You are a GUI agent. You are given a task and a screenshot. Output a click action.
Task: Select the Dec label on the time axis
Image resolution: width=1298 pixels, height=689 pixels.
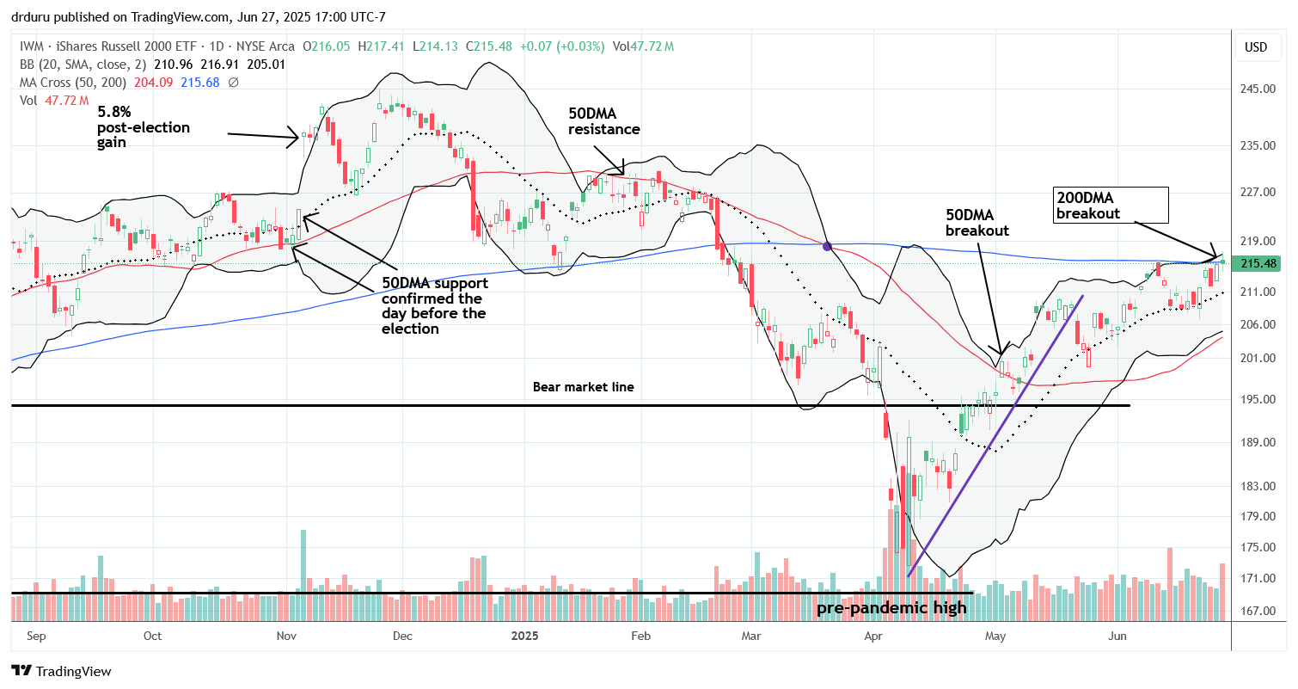pyautogui.click(x=402, y=637)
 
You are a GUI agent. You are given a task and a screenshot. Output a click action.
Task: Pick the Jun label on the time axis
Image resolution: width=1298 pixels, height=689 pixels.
pyautogui.click(x=1117, y=637)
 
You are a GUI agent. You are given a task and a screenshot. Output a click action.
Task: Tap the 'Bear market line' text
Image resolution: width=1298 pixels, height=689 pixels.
pyautogui.click(x=583, y=387)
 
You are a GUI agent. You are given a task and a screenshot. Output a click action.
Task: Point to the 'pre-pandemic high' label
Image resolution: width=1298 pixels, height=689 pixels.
pyautogui.click(x=891, y=608)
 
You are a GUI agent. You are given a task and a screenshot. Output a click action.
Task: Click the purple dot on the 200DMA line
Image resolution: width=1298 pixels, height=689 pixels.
pyautogui.click(x=827, y=246)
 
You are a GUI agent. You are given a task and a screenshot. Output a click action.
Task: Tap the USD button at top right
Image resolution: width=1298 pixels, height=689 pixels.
pyautogui.click(x=1256, y=46)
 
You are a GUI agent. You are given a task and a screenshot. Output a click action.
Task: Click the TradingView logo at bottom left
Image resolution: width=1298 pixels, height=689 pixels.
pyautogui.click(x=61, y=671)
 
